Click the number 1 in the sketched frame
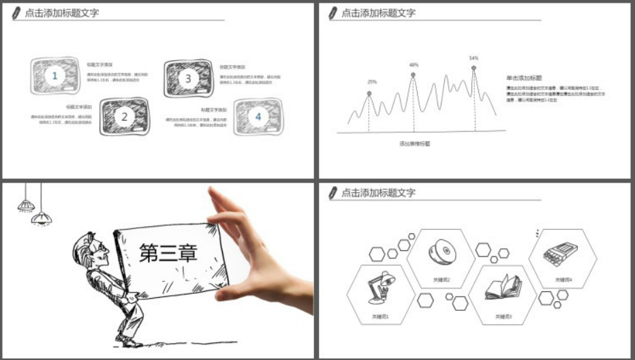(55, 76)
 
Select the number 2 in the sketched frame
(125, 117)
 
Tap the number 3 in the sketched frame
(189, 78)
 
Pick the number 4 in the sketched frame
(258, 117)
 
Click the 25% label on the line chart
(372, 82)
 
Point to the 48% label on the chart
(414, 65)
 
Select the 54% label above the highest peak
(474, 58)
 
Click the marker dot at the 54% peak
(474, 67)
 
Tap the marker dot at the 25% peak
(369, 93)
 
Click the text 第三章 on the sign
(168, 254)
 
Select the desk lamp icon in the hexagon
(378, 287)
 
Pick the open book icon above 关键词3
(504, 288)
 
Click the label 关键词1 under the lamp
(380, 316)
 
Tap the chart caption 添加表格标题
(415, 144)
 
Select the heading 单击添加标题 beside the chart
(519, 78)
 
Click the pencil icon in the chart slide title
(333, 12)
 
